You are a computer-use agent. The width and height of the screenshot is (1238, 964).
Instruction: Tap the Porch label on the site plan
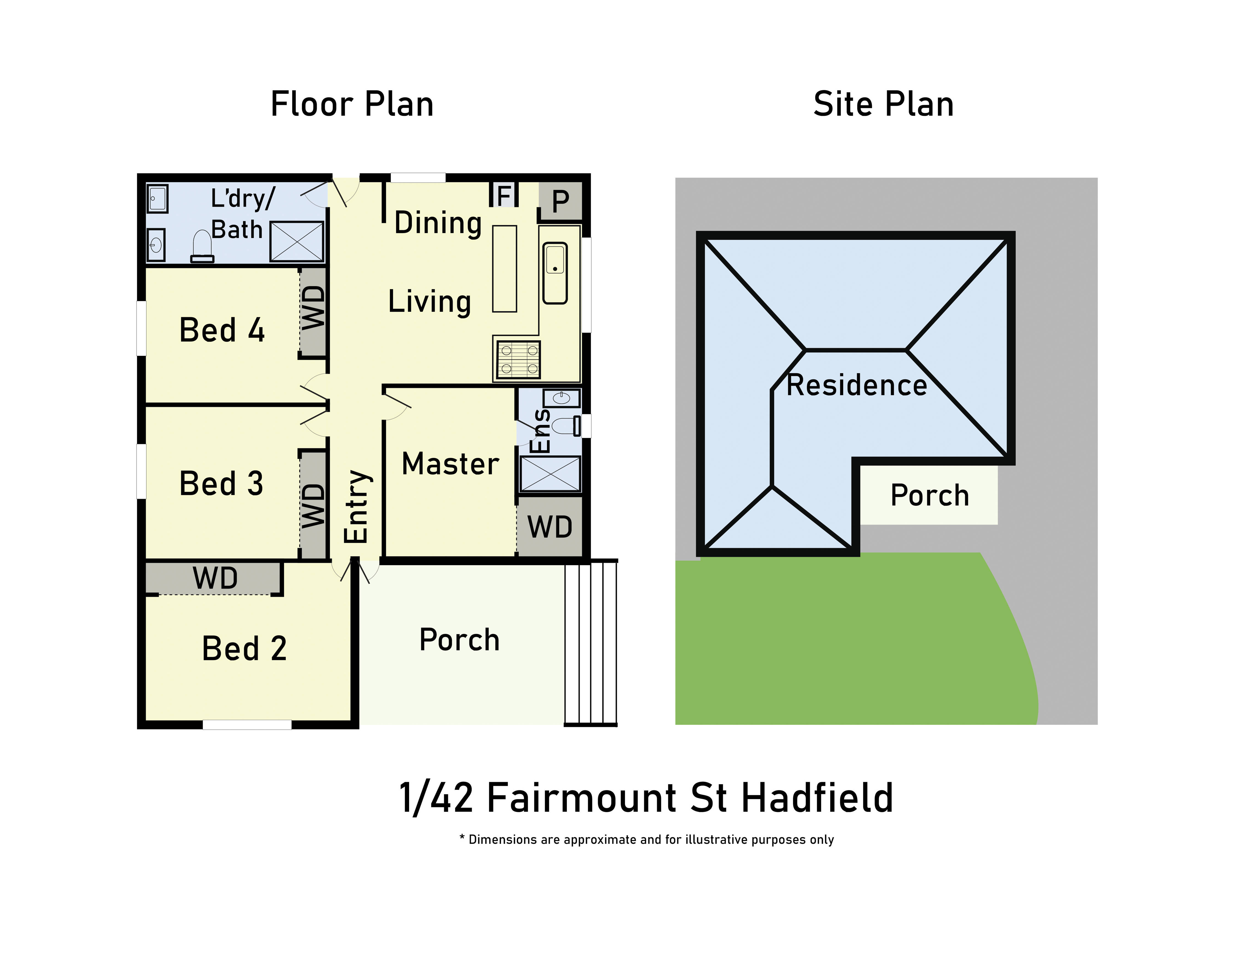[929, 495]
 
